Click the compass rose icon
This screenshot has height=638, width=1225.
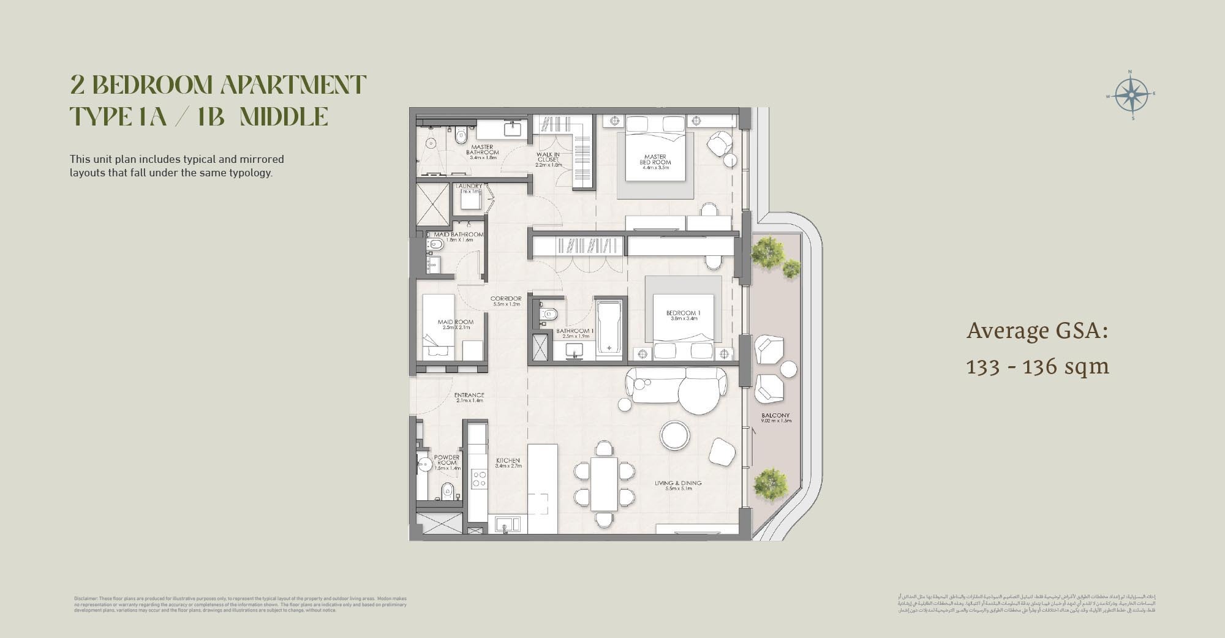click(x=1131, y=96)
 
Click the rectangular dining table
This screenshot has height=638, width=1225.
click(x=604, y=484)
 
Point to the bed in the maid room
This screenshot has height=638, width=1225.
click(x=439, y=328)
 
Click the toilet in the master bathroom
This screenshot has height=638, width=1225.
click(x=461, y=135)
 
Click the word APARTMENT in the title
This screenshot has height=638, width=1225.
click(x=293, y=84)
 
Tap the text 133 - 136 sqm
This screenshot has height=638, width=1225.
click(x=1038, y=366)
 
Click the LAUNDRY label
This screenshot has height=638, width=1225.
click(x=469, y=186)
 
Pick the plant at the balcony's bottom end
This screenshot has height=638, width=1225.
click(x=770, y=484)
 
